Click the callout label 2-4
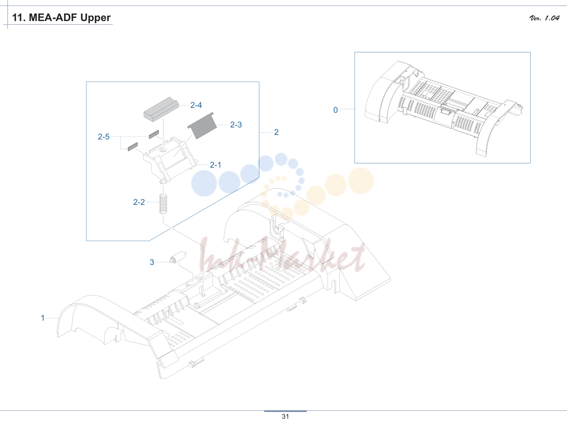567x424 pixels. [x=196, y=105]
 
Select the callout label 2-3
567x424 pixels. [x=236, y=124]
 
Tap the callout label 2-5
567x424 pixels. [x=104, y=137]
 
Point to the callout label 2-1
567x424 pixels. [x=215, y=165]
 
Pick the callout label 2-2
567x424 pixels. [x=139, y=202]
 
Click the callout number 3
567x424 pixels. [x=152, y=262]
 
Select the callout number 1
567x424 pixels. [x=43, y=318]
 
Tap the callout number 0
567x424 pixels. [x=336, y=110]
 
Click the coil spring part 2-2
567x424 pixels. [x=163, y=204]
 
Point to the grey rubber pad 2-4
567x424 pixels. [x=161, y=109]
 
